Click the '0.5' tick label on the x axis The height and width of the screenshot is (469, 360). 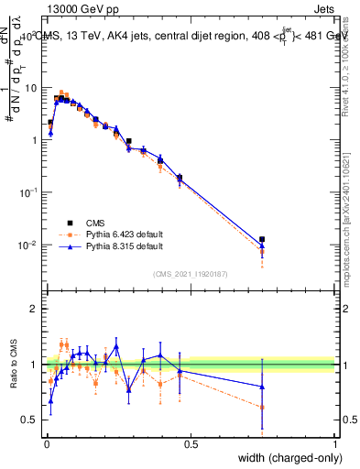click(191, 444)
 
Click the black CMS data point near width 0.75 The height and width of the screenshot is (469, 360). click(262, 239)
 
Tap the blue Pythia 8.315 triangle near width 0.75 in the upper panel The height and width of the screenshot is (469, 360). click(262, 245)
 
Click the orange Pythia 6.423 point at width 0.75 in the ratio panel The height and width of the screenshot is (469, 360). click(262, 407)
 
